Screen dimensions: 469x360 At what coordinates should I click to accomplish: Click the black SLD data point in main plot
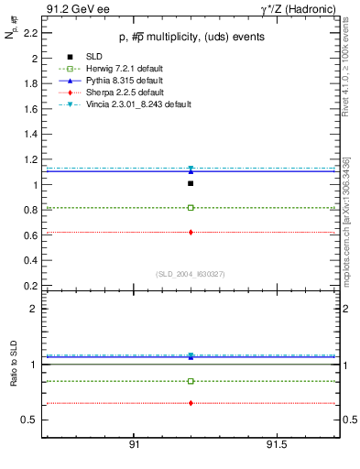point(190,183)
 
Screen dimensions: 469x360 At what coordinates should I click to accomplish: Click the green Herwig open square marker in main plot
point(190,208)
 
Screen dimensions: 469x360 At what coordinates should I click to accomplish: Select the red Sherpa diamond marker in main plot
point(190,232)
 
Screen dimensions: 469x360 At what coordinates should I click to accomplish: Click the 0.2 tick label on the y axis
point(30,286)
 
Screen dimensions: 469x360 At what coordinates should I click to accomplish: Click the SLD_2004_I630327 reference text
point(190,274)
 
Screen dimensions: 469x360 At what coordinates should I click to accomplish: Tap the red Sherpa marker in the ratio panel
point(190,403)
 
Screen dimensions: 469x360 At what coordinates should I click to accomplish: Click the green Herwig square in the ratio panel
point(190,381)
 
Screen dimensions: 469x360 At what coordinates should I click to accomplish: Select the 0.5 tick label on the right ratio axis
point(347,420)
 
